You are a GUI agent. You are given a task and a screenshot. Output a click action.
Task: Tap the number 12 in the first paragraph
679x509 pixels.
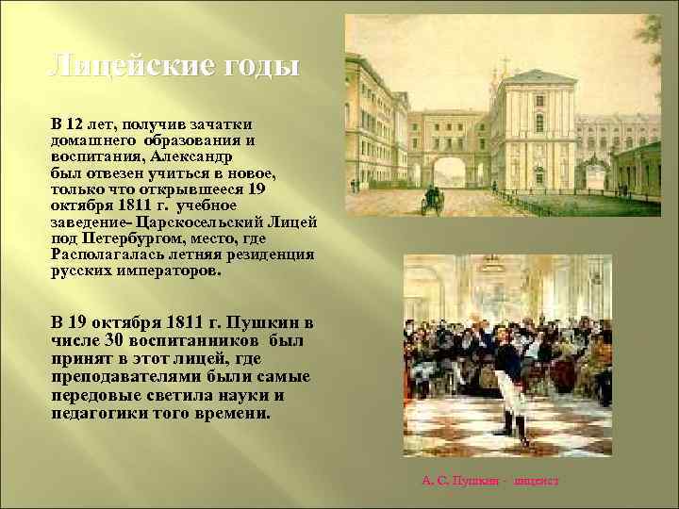(x=75, y=124)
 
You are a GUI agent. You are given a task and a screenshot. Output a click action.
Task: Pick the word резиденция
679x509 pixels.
(x=270, y=254)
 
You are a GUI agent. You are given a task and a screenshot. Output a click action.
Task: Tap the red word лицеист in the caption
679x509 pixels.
(x=537, y=481)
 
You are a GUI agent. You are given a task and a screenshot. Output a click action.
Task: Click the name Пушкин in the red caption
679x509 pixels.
(x=477, y=481)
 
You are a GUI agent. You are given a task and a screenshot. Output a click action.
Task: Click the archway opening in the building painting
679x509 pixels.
(x=449, y=172)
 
